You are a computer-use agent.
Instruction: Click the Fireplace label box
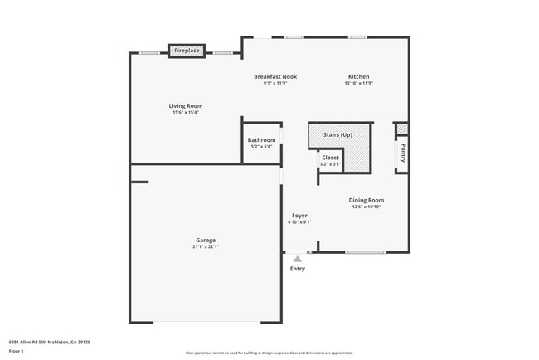coord(187,51)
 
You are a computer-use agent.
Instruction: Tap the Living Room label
coord(186,106)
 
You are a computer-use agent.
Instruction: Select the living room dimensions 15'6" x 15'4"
coord(186,113)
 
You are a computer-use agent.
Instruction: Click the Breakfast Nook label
coord(275,76)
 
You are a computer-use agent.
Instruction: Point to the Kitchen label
coord(358,76)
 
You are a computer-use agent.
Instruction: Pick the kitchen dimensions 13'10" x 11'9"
coord(358,83)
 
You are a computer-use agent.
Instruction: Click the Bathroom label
coord(261,140)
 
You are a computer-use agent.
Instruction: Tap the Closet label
coord(330,157)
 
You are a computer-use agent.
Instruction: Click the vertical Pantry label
coord(403,153)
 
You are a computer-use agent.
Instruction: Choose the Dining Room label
coord(366,200)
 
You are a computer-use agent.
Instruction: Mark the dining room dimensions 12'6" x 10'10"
coord(366,207)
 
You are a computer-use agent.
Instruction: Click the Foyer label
coord(299,216)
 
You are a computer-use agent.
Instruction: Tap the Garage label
coord(206,240)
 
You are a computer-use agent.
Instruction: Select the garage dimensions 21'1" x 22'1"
coord(206,246)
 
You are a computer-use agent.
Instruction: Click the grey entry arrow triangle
coord(297,259)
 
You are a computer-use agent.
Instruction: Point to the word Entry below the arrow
coord(297,269)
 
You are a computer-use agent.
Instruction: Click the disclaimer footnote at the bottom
coord(269,353)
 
